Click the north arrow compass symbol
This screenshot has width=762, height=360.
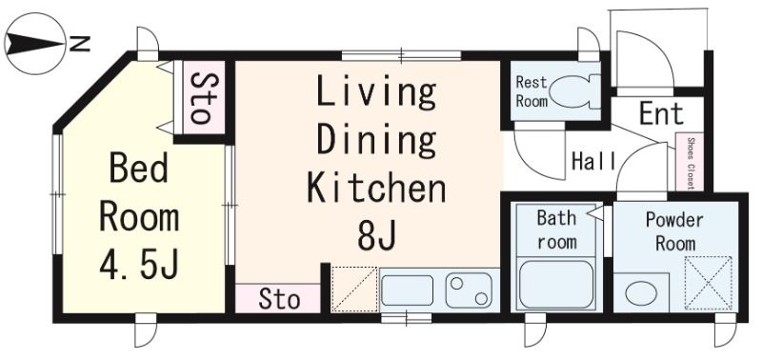34,44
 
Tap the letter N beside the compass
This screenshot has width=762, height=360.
80,44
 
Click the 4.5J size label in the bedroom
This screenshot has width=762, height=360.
139,265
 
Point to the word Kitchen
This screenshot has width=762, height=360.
376,189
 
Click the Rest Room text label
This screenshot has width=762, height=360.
531,91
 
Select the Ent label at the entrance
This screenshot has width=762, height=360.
661,113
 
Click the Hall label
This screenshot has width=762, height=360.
593,161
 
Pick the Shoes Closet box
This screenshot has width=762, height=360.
690,162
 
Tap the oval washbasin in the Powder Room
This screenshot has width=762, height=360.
641,293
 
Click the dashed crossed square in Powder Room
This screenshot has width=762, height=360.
708,283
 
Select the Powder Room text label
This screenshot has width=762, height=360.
674,231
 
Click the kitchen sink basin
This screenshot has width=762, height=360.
408,290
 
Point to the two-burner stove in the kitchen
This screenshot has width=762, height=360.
469,290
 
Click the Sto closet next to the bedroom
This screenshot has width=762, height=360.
199,98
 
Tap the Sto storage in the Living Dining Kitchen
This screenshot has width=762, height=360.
278,298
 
